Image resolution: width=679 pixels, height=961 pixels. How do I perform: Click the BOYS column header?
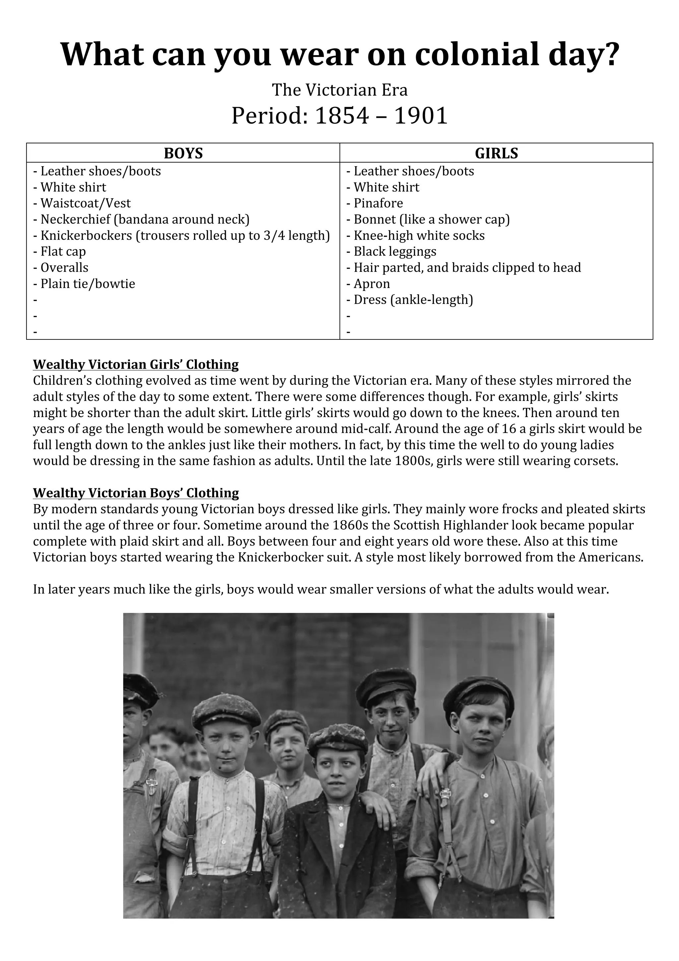(183, 153)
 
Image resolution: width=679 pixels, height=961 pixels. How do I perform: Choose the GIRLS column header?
(496, 153)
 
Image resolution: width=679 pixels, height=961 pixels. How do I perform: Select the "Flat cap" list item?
(63, 252)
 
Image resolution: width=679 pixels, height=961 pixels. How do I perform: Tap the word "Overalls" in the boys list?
(64, 267)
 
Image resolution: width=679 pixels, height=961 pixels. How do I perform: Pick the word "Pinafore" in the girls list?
(378, 203)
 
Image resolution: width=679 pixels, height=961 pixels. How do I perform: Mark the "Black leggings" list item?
(395, 252)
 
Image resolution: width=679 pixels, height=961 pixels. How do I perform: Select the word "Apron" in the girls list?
(372, 284)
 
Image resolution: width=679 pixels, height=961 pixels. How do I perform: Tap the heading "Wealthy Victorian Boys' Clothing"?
(136, 493)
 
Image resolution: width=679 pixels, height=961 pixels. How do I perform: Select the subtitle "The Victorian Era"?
(339, 90)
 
